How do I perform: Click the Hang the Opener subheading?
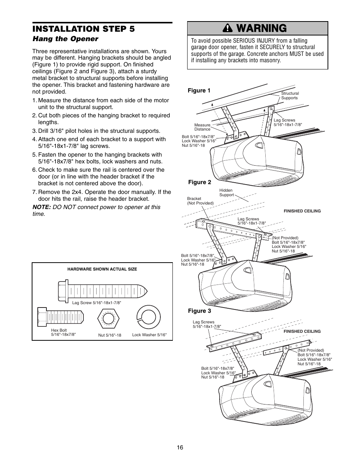(65, 39)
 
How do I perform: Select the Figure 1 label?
(199, 91)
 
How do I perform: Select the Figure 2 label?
(200, 182)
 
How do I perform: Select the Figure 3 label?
(200, 311)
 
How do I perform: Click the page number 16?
(180, 447)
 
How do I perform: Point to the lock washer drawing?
(149, 316)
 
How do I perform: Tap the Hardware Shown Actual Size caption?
(102, 269)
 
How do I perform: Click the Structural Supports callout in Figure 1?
(290, 95)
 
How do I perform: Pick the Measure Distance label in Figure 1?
(202, 127)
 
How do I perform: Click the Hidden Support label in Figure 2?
(226, 192)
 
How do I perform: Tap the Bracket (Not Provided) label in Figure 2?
(200, 201)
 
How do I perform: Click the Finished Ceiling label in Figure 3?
(302, 331)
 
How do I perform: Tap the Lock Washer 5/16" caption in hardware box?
(149, 335)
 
